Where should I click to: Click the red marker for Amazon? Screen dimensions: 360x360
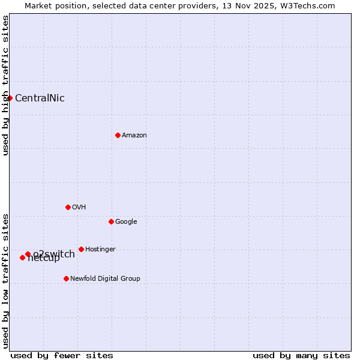tap(118, 135)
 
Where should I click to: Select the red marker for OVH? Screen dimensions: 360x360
tap(68, 207)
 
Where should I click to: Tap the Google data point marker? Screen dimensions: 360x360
tap(111, 221)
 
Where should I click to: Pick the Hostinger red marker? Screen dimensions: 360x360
tap(81, 249)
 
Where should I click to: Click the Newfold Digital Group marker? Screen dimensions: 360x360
tap(66, 278)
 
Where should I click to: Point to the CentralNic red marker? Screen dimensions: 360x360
tap(10, 98)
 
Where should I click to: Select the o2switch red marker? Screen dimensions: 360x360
tap(28, 254)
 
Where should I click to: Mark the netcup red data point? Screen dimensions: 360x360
tap(22, 257)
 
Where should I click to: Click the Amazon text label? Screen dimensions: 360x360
tap(134, 136)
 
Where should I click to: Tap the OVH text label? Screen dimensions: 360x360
tap(79, 208)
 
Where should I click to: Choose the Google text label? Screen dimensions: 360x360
tap(126, 222)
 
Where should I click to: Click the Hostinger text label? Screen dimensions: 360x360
tap(100, 250)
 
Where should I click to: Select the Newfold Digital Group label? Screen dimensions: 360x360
tap(105, 279)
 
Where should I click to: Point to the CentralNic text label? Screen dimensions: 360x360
tap(40, 98)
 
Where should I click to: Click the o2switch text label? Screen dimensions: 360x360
tap(54, 254)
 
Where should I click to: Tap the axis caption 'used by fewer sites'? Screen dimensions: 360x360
tap(62, 355)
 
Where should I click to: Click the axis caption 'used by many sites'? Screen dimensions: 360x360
tap(301, 355)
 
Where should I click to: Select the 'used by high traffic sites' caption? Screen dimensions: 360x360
tap(5, 85)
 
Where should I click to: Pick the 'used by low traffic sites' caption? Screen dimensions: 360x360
tap(5, 280)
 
